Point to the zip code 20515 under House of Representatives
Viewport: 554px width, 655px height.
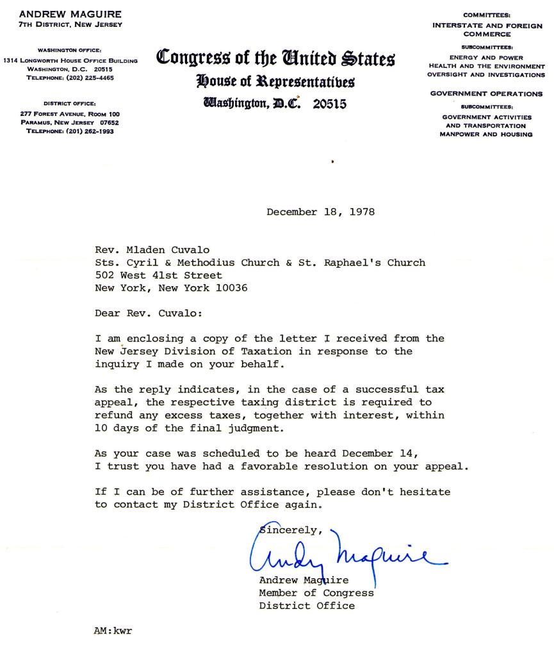pyautogui.click(x=330, y=104)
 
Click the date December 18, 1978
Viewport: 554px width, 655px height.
pyautogui.click(x=321, y=212)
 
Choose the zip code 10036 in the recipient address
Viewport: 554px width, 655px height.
pyautogui.click(x=232, y=288)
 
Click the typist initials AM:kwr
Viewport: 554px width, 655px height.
pyautogui.click(x=113, y=631)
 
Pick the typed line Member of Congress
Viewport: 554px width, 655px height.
pyautogui.click(x=316, y=593)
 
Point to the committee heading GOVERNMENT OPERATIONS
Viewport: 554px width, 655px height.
pyautogui.click(x=486, y=93)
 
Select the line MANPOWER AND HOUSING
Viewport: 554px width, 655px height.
pyautogui.click(x=486, y=134)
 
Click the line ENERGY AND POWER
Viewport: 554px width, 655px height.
pyautogui.click(x=486, y=58)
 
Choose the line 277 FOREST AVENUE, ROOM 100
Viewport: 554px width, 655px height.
pyautogui.click(x=70, y=114)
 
